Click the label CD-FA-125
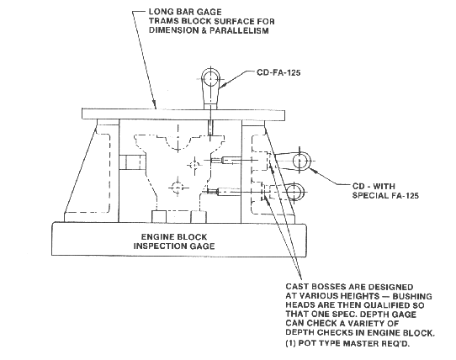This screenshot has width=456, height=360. [278, 72]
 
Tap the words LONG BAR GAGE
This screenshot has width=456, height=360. [185, 12]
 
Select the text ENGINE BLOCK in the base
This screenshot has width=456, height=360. [174, 236]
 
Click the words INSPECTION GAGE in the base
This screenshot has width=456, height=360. [174, 246]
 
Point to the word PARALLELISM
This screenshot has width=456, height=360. [239, 30]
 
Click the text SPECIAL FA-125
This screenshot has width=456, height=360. [385, 195]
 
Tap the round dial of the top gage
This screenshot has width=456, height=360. [210, 78]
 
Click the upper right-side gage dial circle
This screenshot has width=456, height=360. [300, 161]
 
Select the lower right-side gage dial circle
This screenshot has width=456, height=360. [295, 193]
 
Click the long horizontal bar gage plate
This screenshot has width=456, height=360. [183, 114]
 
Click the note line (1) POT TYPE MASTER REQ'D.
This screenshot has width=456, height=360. [347, 343]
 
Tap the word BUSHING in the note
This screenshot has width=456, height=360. [412, 296]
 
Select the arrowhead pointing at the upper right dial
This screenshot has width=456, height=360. [314, 171]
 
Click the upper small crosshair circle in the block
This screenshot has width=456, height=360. [194, 165]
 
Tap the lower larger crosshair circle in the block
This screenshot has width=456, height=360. [177, 188]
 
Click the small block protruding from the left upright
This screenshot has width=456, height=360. [132, 162]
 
